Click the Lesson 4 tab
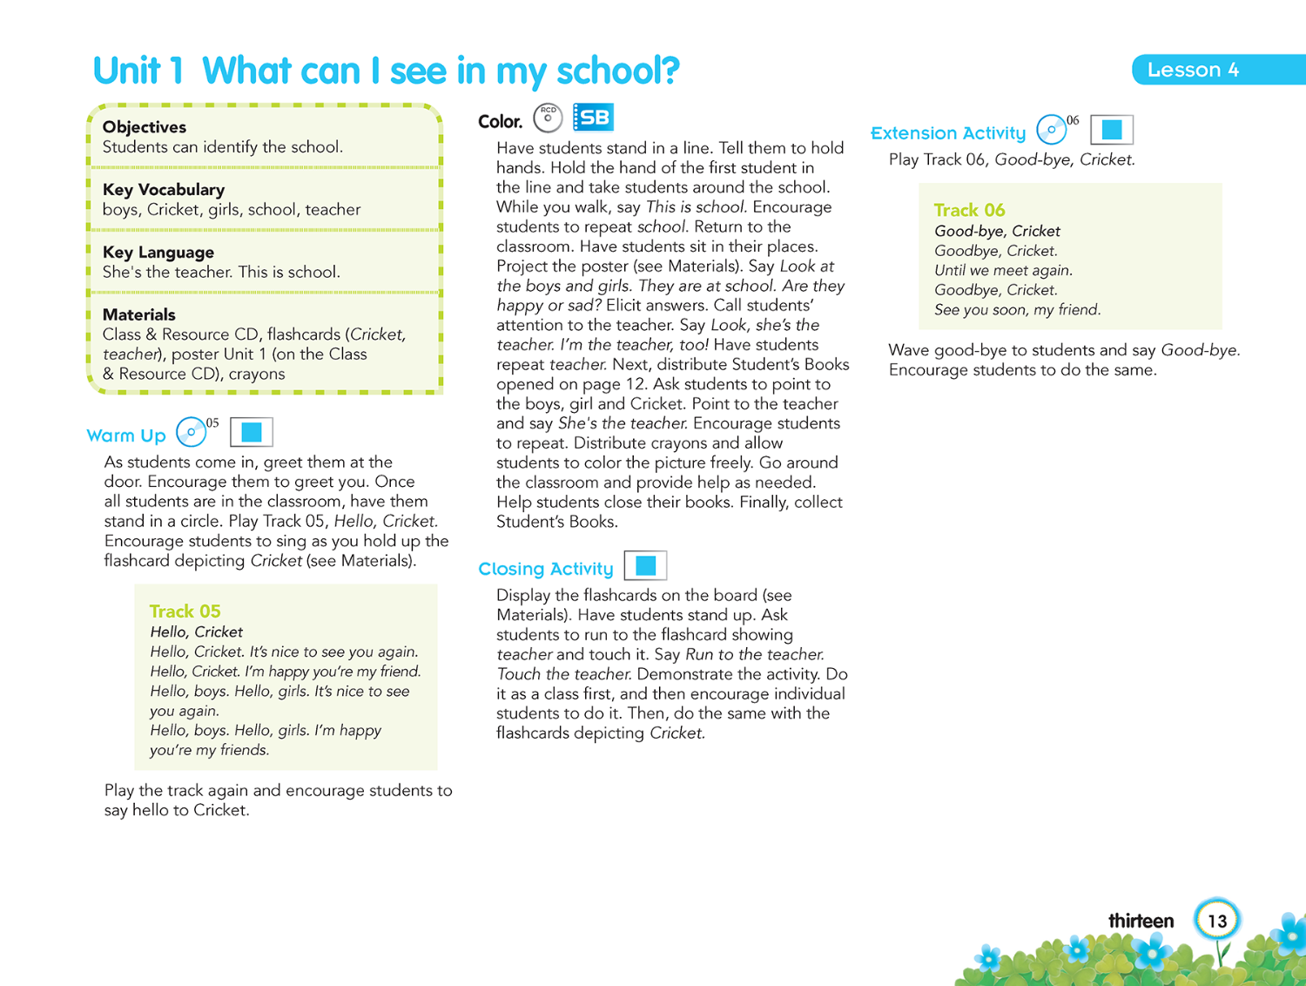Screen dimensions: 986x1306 coord(1193,70)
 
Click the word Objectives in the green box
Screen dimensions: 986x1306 coord(145,127)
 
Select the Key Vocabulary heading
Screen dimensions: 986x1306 coord(164,190)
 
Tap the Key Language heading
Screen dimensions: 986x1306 coord(158,253)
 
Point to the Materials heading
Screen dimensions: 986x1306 coord(139,315)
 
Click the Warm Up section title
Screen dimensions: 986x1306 coord(126,436)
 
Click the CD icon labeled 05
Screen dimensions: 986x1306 coord(192,432)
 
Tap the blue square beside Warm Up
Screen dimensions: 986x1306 coord(252,432)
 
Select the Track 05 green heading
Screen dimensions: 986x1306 coord(185,611)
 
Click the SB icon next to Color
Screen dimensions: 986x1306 coord(594,118)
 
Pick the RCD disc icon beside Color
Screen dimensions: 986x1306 coord(548,118)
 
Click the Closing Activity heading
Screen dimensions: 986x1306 coord(546,569)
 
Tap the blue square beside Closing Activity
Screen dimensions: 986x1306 coord(645,566)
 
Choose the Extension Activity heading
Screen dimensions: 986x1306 coord(948,133)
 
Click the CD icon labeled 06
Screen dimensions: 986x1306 coord(1052,130)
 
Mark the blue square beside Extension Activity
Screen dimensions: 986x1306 coord(1112,130)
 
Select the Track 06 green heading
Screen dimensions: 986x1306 coord(969,211)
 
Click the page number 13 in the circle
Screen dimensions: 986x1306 coord(1217,921)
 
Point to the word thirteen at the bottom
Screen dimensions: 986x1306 coord(1141,921)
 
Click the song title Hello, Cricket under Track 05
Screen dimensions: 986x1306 coord(196,632)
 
